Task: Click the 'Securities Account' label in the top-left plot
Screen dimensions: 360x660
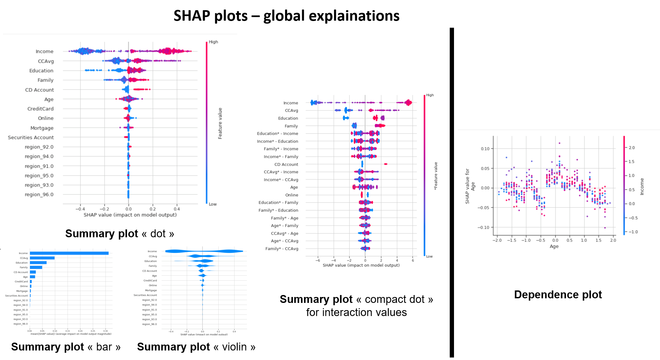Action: pyautogui.click(x=31, y=138)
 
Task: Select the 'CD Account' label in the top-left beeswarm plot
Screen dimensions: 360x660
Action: pyautogui.click(x=39, y=90)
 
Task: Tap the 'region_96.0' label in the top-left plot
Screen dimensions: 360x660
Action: pyautogui.click(x=39, y=195)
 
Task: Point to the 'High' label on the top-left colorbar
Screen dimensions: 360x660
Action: pyautogui.click(x=213, y=42)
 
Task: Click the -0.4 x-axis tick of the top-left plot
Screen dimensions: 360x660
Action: pyautogui.click(x=80, y=209)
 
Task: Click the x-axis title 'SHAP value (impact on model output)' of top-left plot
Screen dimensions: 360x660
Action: pyautogui.click(x=130, y=215)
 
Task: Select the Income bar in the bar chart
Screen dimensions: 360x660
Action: pyautogui.click(x=69, y=253)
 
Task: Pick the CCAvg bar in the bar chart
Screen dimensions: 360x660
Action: pyautogui.click(x=42, y=258)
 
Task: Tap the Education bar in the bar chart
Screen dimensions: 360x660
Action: pyautogui.click(x=38, y=263)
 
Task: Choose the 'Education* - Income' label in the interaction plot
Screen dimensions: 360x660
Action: pyautogui.click(x=278, y=134)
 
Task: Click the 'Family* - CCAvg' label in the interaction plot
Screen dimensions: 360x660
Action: pyautogui.click(x=282, y=249)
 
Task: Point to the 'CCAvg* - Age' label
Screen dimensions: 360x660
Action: pyautogui.click(x=284, y=233)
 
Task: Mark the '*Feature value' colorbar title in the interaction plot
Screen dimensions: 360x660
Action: pyautogui.click(x=436, y=176)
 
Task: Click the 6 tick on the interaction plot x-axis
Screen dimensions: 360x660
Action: pyautogui.click(x=413, y=261)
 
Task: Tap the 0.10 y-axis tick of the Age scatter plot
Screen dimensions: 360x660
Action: pyautogui.click(x=485, y=149)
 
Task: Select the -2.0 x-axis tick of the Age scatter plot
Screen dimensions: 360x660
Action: pyautogui.click(x=497, y=240)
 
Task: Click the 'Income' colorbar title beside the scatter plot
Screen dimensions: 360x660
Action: pyautogui.click(x=642, y=186)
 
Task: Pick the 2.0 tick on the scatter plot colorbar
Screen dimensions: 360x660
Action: pyautogui.click(x=631, y=148)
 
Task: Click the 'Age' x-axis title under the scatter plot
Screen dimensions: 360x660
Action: pyautogui.click(x=554, y=246)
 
